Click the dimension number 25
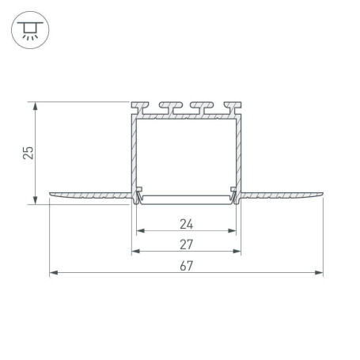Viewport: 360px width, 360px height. (x=28, y=153)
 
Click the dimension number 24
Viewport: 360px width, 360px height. (x=187, y=224)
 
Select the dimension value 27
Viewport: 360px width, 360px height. (x=187, y=244)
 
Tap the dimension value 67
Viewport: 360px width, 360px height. (x=187, y=266)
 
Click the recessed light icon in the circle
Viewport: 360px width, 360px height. (x=30, y=30)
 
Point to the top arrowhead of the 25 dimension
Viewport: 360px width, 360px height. (x=35, y=106)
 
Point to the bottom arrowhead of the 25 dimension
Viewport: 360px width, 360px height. (x=35, y=200)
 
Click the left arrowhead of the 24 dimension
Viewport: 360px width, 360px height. (x=140, y=231)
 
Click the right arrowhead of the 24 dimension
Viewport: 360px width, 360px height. (x=232, y=231)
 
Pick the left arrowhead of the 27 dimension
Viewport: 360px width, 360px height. (x=135, y=252)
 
